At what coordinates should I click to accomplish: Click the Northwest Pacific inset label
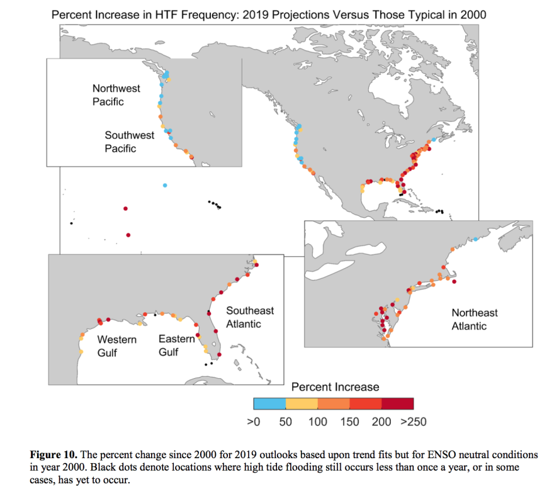coord(116,94)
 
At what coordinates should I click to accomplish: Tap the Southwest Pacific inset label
coord(130,142)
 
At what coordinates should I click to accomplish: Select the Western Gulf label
coord(116,345)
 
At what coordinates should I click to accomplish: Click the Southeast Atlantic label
coord(250,317)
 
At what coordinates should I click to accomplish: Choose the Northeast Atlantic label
coord(474,319)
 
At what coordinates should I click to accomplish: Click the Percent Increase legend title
coord(335,386)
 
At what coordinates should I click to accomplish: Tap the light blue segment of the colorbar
coord(269,404)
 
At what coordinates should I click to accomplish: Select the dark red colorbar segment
coord(398,404)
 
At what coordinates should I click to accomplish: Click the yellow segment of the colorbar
coord(302,404)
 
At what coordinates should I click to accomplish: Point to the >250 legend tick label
coord(414,422)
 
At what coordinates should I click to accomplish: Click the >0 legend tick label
coord(254,422)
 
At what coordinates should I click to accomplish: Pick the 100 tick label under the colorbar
coord(317,422)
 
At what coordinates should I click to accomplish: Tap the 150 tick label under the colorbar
coord(349,422)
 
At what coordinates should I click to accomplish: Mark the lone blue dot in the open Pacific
coord(165,185)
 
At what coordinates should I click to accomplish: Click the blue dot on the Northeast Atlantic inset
coord(476,239)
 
